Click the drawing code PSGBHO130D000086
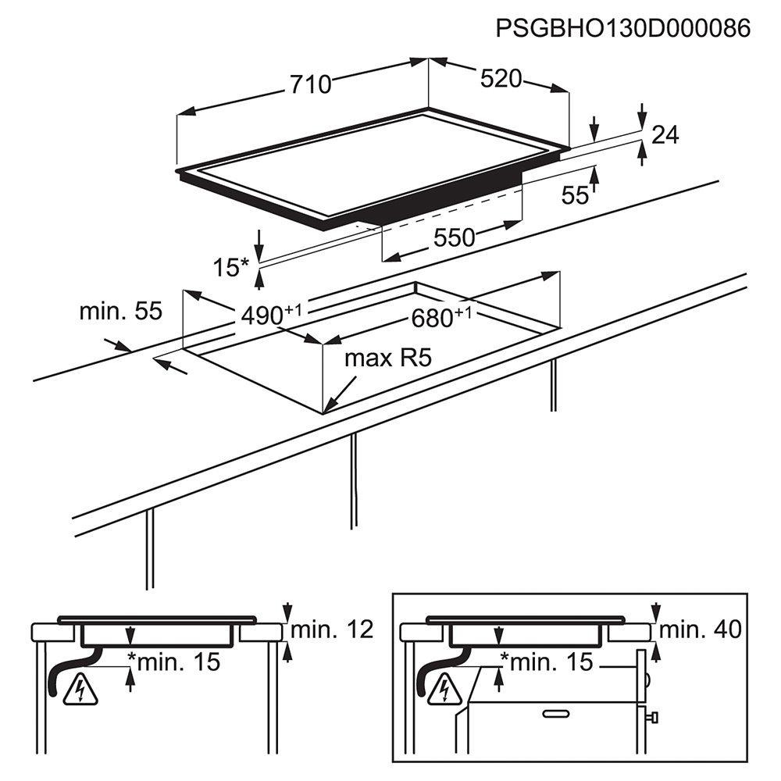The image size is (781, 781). pos(622,28)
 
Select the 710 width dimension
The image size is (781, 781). pos(311,84)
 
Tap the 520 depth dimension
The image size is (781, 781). pos(501,79)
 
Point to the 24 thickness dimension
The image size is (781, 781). pos(665,134)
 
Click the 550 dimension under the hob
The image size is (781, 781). pos(454,237)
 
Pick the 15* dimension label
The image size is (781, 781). pos(230,267)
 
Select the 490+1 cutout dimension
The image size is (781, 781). pos(271,314)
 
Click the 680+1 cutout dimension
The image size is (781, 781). pos(440,317)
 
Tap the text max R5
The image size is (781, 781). pos(388,358)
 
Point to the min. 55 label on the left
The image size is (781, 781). pos(121,311)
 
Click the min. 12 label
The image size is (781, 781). pos(332,629)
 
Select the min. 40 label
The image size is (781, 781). pos(701,629)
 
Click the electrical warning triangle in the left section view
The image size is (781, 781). pos(80,690)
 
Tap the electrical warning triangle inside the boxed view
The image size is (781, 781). pos(445,690)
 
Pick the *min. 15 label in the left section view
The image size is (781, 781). pos(174,662)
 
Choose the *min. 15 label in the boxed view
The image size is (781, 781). pos(547,662)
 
